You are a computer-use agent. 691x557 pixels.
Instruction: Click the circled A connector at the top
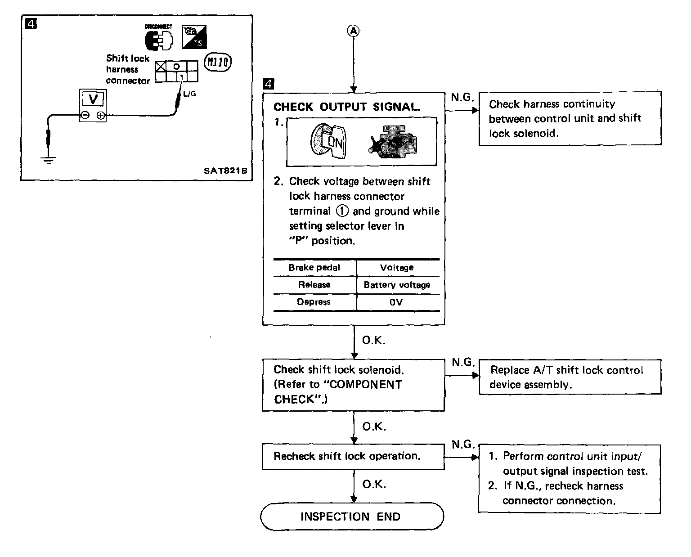click(x=354, y=31)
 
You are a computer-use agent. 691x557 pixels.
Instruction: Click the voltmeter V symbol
click(x=93, y=99)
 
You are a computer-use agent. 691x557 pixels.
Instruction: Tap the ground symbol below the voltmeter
click(x=49, y=160)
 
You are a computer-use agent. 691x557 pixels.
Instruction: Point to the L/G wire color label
click(x=189, y=94)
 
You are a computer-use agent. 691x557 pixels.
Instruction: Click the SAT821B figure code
click(x=225, y=171)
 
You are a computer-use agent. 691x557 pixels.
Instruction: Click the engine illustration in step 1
click(x=394, y=142)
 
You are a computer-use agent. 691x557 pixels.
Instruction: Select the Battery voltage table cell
click(x=397, y=285)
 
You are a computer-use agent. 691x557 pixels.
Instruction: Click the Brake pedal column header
click(x=314, y=268)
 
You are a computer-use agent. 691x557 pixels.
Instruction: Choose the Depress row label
click(x=314, y=302)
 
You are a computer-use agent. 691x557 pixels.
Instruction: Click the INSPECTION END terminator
click(x=352, y=517)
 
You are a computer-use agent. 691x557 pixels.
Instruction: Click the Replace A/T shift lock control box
click(x=570, y=377)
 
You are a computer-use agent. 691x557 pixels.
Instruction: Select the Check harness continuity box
click(x=570, y=119)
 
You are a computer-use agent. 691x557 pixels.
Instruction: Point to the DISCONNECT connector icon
click(x=158, y=39)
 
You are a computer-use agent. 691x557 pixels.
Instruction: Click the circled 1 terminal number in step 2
click(x=342, y=211)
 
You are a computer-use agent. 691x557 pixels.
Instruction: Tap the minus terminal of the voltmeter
click(x=85, y=116)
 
